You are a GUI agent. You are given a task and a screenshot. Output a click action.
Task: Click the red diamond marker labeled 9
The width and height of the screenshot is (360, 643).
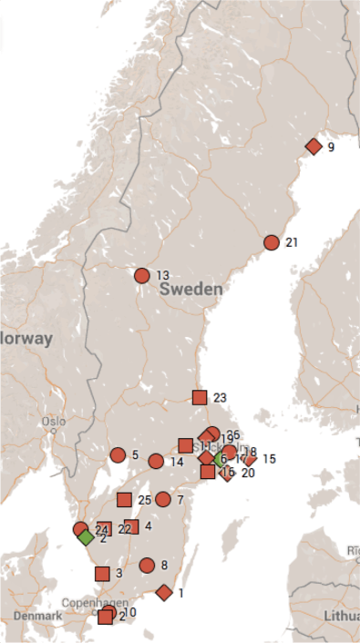(x=314, y=146)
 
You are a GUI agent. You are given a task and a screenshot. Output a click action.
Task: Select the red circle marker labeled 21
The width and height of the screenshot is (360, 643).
(x=271, y=242)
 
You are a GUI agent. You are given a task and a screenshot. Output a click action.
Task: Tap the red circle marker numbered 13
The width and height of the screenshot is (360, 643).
(x=141, y=275)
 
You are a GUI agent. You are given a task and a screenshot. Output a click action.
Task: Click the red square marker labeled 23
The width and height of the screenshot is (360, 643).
(x=200, y=397)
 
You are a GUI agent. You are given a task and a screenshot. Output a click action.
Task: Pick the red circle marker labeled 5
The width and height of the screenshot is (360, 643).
(x=118, y=455)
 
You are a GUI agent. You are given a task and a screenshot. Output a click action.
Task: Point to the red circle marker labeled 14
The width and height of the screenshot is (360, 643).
(x=156, y=461)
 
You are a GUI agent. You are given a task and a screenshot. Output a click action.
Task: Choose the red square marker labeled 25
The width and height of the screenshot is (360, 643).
(x=124, y=499)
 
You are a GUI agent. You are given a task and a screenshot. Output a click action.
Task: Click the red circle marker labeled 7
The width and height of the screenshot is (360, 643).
(x=163, y=499)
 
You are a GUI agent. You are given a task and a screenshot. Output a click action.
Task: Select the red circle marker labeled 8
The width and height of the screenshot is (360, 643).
(x=147, y=565)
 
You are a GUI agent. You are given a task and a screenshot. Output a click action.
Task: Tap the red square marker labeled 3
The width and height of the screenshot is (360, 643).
(x=102, y=574)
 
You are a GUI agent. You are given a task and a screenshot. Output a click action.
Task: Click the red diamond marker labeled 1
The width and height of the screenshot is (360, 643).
(x=164, y=593)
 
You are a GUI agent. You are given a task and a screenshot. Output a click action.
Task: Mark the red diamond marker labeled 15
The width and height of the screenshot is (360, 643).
(x=250, y=459)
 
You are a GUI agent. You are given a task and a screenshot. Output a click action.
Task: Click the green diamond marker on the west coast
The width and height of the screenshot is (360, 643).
(x=86, y=536)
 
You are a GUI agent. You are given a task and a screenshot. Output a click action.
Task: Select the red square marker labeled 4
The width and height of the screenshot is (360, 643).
(x=131, y=526)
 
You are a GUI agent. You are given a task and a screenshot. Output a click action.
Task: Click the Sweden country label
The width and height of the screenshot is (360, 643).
(x=190, y=289)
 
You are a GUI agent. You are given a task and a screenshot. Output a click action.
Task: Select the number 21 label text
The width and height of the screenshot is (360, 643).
(x=292, y=242)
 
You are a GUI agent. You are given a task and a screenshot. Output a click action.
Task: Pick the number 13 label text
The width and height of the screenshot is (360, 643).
(x=163, y=275)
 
